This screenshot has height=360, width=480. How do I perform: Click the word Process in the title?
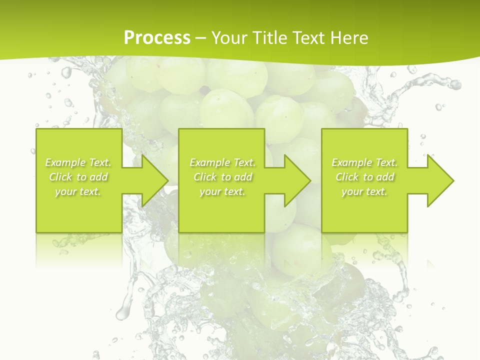(x=157, y=37)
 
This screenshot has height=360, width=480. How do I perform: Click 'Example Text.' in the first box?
(x=78, y=162)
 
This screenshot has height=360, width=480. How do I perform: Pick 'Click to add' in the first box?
(x=78, y=177)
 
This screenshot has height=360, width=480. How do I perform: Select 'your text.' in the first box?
(x=78, y=191)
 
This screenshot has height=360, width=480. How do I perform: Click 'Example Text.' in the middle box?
(x=222, y=162)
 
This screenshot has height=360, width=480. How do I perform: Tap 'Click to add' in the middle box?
(x=223, y=177)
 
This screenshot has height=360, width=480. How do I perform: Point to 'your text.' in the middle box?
(x=222, y=191)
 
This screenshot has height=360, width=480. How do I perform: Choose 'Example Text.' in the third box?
(x=364, y=162)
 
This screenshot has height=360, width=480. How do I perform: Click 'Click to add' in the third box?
(x=365, y=177)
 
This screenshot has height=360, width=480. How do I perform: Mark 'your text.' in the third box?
(x=364, y=191)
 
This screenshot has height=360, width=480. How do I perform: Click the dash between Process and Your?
(x=200, y=38)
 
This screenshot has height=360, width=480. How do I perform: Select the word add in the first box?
(x=99, y=177)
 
